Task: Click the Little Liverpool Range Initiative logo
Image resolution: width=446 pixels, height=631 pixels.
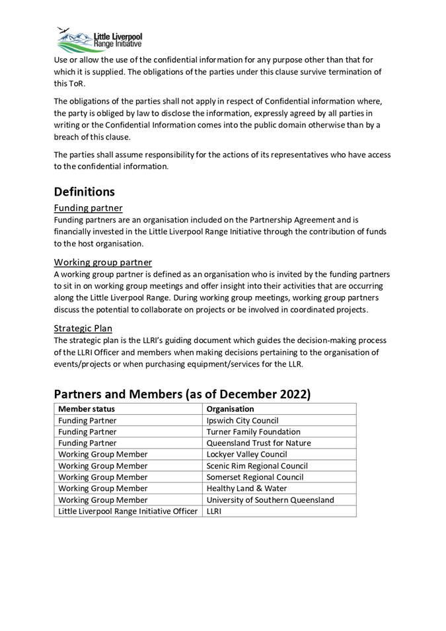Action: click(99, 40)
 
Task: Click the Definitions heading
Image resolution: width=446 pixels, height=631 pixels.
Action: click(84, 192)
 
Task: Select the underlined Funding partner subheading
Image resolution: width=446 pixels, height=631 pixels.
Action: click(88, 208)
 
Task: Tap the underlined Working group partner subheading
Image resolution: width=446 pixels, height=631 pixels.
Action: click(102, 262)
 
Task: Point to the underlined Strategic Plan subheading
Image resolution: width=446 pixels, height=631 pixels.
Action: click(83, 328)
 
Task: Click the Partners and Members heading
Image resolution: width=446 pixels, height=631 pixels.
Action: click(182, 394)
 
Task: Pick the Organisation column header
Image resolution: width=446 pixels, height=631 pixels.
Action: click(230, 409)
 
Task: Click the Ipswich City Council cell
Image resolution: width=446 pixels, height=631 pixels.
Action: click(242, 420)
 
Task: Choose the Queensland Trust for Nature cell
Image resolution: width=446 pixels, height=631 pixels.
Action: click(258, 443)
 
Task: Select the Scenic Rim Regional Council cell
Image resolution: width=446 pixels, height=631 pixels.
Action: click(257, 466)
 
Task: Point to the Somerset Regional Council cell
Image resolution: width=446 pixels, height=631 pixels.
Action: click(255, 477)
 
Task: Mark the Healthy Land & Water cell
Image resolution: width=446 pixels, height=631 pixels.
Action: click(246, 488)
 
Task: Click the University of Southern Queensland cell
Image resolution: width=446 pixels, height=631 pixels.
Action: click(270, 500)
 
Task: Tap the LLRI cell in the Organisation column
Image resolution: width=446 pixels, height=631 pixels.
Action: click(215, 511)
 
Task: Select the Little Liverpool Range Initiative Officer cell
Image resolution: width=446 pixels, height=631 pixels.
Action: click(128, 511)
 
